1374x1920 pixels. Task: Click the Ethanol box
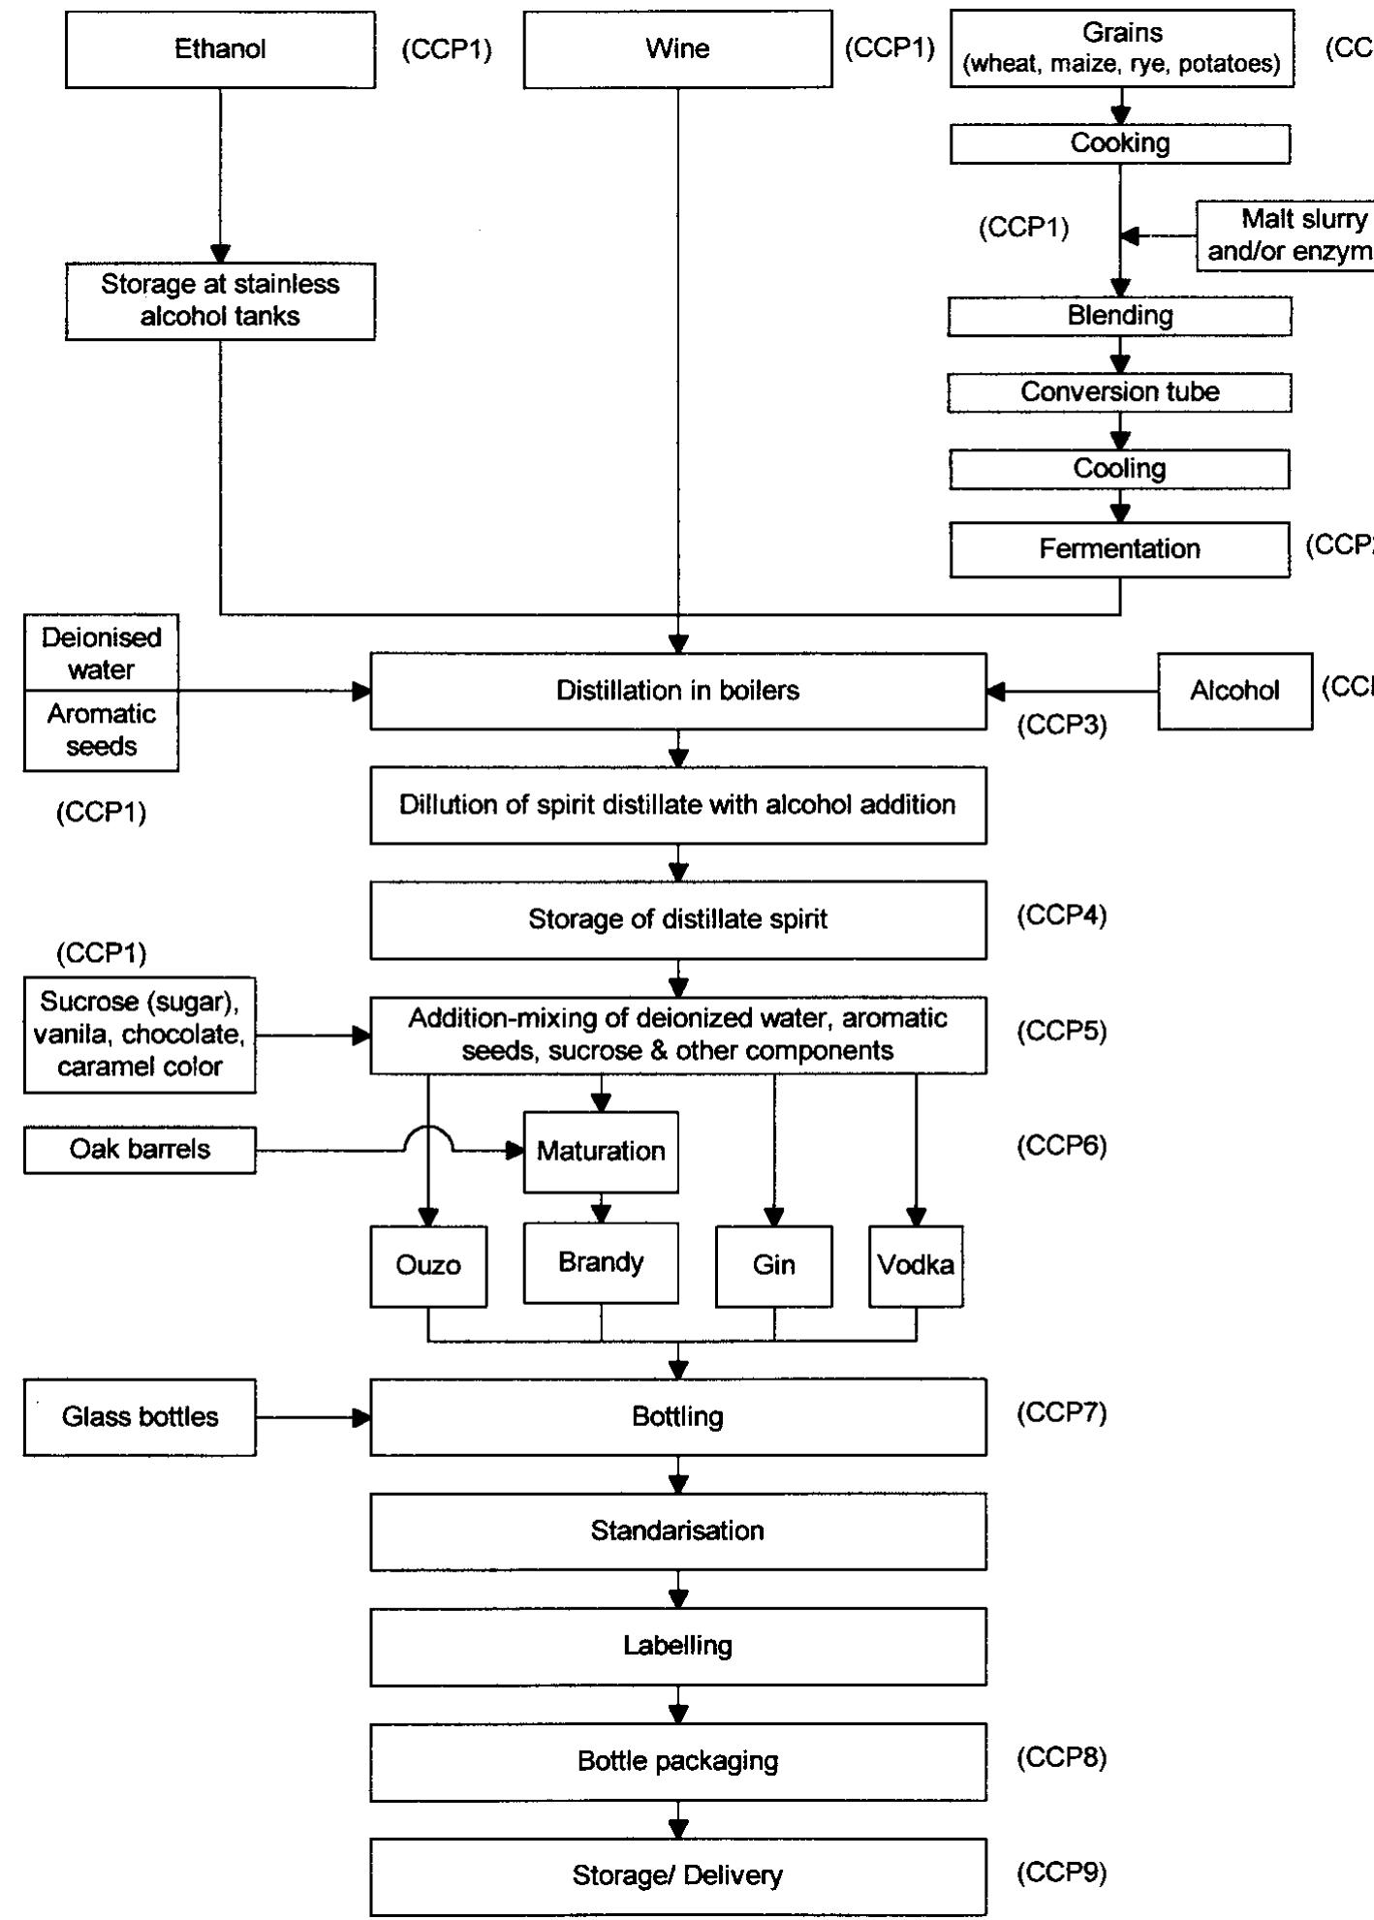pyautogui.click(x=220, y=49)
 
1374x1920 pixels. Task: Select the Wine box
pyautogui.click(x=677, y=49)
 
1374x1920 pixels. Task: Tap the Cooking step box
pyautogui.click(x=1119, y=143)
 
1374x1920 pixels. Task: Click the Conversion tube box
pyautogui.click(x=1119, y=392)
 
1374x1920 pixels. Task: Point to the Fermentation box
pyautogui.click(x=1119, y=549)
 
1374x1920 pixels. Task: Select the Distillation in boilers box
pyautogui.click(x=677, y=691)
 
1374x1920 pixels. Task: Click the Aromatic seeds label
pyautogui.click(x=101, y=730)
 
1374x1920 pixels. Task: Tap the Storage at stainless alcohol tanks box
pyautogui.click(x=220, y=300)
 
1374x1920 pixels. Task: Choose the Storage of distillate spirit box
pyautogui.click(x=677, y=919)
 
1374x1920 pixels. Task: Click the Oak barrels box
pyautogui.click(x=140, y=1150)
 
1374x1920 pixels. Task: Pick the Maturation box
pyautogui.click(x=601, y=1151)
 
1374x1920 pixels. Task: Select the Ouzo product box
pyautogui.click(x=428, y=1265)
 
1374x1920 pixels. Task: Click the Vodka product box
pyautogui.click(x=916, y=1265)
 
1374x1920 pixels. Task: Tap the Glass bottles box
pyautogui.click(x=140, y=1417)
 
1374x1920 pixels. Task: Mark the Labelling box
pyautogui.click(x=677, y=1646)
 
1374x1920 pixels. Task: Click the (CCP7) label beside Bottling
pyautogui.click(x=1061, y=1412)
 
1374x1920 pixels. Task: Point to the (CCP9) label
pyautogui.click(x=1061, y=1872)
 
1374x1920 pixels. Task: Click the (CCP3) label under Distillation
pyautogui.click(x=1061, y=726)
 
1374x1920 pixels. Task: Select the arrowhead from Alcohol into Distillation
pyautogui.click(x=995, y=691)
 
